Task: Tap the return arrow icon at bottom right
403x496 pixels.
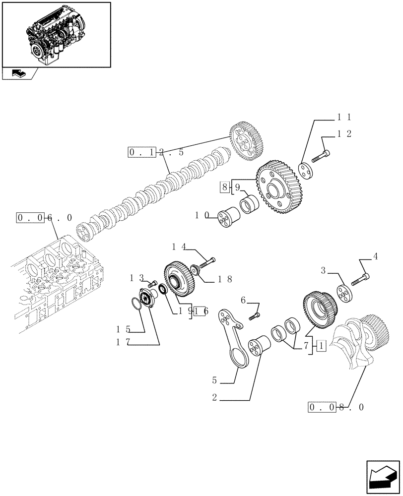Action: click(382, 477)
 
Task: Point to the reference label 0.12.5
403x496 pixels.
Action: click(156, 153)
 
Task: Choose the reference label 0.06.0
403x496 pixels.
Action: click(44, 218)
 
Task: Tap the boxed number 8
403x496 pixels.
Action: click(224, 187)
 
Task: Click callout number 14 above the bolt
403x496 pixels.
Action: click(179, 247)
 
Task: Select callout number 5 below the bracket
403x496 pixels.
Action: click(215, 381)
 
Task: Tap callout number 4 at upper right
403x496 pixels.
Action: click(375, 257)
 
